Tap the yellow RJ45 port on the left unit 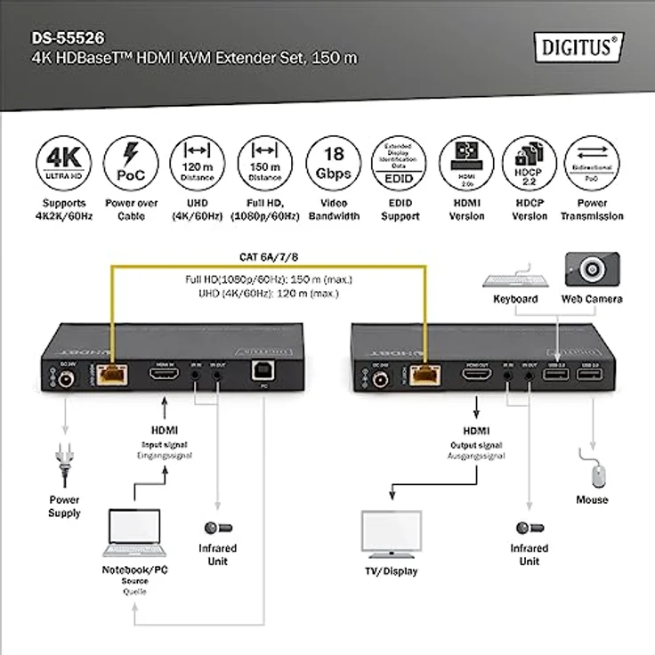click(x=112, y=378)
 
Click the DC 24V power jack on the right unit click(x=381, y=379)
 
